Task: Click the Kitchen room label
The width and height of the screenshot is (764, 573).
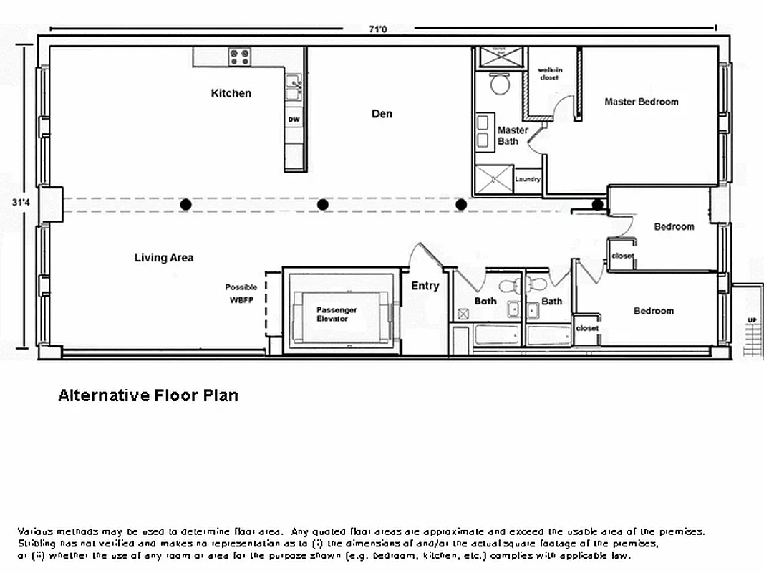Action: tap(231, 93)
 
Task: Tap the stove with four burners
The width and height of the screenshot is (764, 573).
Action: tap(240, 57)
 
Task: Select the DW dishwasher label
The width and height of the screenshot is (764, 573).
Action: tap(294, 120)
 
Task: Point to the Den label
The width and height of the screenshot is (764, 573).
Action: tap(382, 114)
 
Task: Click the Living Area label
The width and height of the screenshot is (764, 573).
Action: tap(164, 257)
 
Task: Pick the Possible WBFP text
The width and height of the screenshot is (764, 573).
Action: tap(241, 294)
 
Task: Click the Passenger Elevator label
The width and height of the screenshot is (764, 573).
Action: tap(337, 314)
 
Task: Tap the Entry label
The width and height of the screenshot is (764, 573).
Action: tap(425, 286)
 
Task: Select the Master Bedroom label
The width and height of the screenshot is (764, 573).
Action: tap(641, 102)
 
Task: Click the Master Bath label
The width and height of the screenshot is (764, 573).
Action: tap(512, 135)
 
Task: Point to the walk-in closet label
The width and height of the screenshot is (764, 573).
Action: tap(548, 74)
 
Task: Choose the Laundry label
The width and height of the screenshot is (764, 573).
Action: tap(528, 180)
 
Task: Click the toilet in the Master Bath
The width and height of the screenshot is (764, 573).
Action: tap(498, 84)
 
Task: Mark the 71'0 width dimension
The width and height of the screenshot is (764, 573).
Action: tap(378, 29)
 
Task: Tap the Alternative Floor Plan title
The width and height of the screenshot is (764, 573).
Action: tap(148, 395)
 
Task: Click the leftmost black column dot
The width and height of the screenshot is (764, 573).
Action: tap(186, 205)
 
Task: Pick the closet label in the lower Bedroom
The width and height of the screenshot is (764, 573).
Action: tap(587, 328)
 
